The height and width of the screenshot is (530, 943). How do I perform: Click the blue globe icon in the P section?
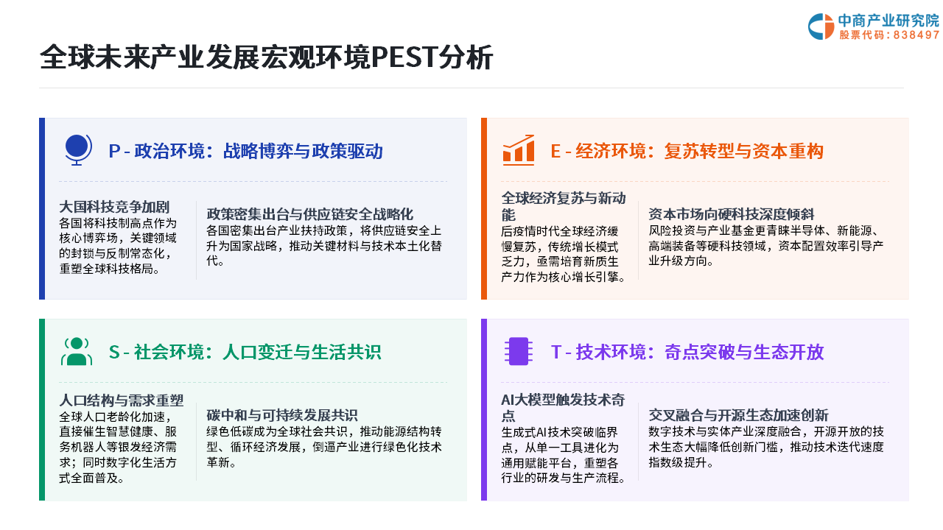[x=78, y=149]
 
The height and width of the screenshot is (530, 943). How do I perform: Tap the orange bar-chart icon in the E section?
[x=519, y=149]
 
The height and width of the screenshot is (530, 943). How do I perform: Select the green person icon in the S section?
[x=77, y=352]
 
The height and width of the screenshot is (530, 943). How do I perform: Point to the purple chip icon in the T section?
[x=519, y=351]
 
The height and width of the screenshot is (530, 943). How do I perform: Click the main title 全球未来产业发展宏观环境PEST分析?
[x=266, y=57]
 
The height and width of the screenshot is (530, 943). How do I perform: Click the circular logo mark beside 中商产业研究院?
[x=821, y=26]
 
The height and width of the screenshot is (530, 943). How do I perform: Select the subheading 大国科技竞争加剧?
[x=114, y=207]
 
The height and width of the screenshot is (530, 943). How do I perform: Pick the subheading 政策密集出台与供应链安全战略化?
[x=310, y=214]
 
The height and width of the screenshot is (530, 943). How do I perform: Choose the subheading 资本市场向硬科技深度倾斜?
[x=732, y=214]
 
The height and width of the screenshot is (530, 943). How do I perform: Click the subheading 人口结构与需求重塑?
[x=122, y=400]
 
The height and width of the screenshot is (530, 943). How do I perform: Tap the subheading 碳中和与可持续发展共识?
[x=282, y=415]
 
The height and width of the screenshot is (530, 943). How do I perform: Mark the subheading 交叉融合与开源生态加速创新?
[x=738, y=415]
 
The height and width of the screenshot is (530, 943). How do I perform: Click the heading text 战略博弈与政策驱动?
[x=303, y=151]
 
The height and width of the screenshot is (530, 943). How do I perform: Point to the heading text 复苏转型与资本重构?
[x=744, y=151]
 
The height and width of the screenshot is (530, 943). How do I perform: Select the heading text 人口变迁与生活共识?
[x=302, y=352]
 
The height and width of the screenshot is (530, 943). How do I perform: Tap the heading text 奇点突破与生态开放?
[x=744, y=352]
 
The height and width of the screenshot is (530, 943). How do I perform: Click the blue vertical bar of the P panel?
[x=42, y=208]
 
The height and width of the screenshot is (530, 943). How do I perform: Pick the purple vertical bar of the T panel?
[x=484, y=410]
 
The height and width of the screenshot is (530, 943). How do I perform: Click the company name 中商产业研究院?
[x=888, y=20]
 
